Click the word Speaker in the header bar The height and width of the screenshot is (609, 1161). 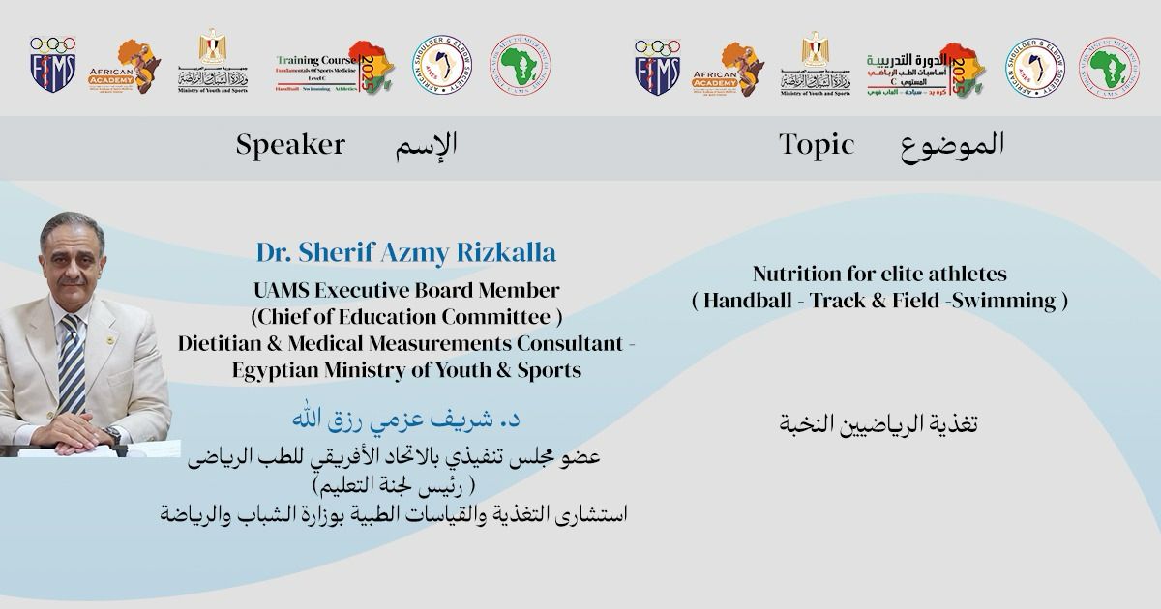tap(290, 145)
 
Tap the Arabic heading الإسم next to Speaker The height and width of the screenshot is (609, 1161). tap(426, 145)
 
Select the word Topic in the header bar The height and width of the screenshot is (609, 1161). tap(817, 145)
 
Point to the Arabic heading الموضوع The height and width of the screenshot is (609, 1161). tap(952, 145)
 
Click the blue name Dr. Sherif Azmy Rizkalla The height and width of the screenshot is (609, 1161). tap(406, 253)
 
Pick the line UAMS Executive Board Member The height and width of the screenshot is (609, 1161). tap(406, 290)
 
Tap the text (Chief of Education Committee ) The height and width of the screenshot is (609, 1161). tap(406, 316)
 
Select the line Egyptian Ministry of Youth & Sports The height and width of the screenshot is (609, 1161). tap(406, 370)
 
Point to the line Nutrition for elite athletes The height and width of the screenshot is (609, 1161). tap(879, 275)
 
